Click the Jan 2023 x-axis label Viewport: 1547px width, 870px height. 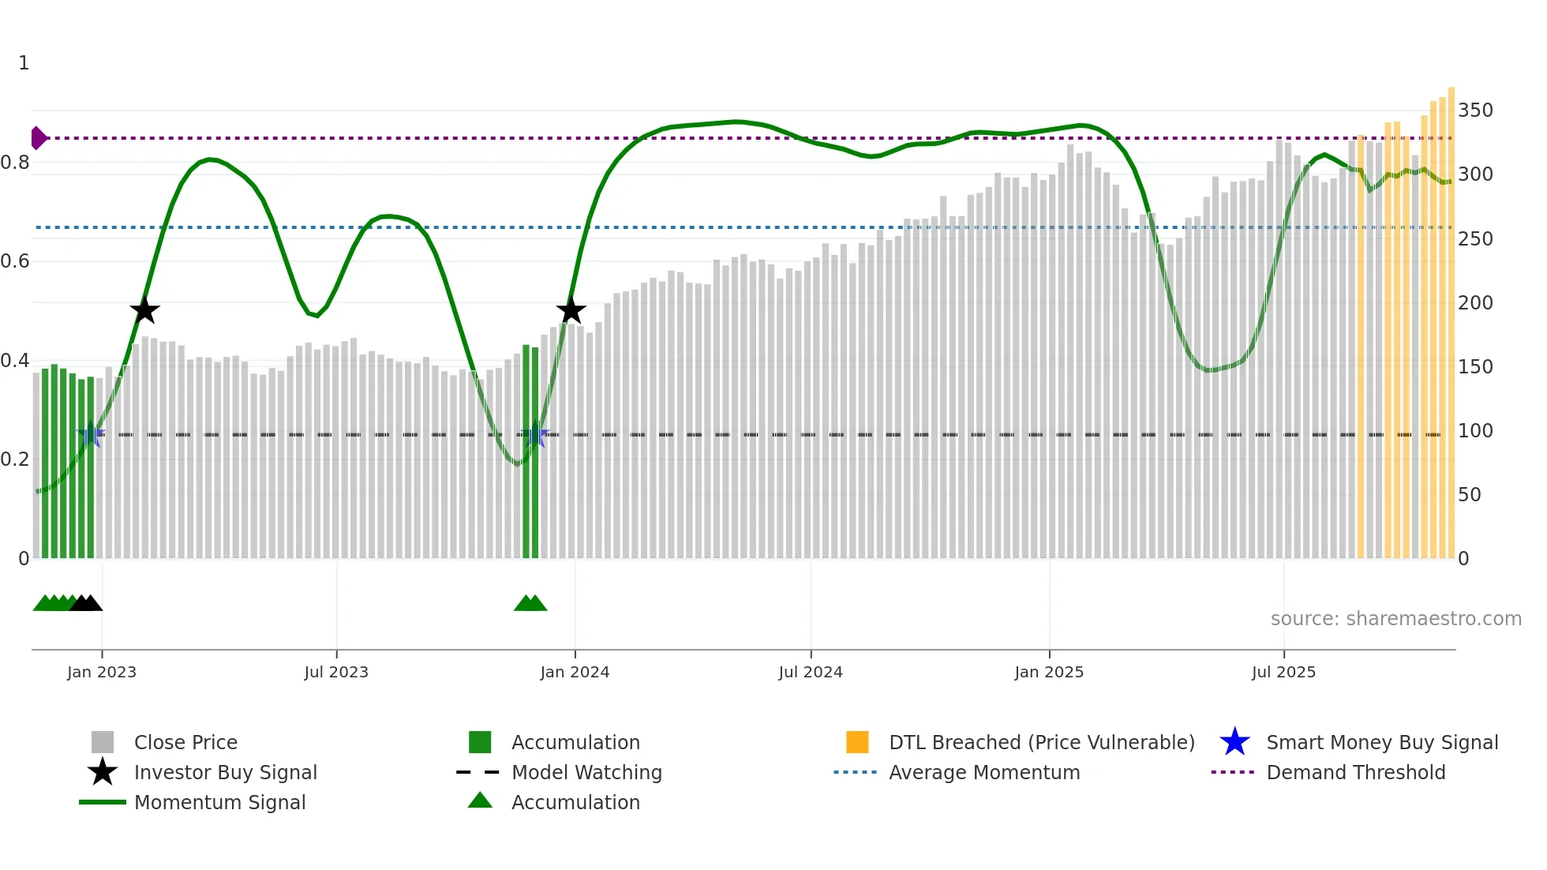pos(102,672)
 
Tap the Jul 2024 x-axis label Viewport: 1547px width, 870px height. pos(811,672)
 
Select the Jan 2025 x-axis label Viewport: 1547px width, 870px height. pos(1049,672)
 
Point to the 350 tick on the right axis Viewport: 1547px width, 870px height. pos(1475,110)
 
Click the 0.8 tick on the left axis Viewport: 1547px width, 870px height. pos(15,163)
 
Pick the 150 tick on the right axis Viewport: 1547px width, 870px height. pos(1475,366)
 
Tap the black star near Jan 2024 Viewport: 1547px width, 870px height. pos(571,310)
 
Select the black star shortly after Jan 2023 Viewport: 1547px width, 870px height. pos(144,310)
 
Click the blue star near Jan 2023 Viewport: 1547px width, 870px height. pos(91,433)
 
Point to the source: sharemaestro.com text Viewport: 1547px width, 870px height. pos(1395,619)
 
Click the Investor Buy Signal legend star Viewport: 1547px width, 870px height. pos(103,772)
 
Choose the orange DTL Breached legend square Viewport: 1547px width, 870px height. pos(857,742)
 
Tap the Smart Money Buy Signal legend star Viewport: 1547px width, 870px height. pos(1234,742)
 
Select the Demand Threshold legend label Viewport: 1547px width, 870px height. pos(1355,772)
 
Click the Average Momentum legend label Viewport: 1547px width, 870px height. pos(984,772)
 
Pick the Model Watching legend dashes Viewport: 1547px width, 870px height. pos(478,772)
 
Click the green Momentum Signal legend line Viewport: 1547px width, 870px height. pos(103,802)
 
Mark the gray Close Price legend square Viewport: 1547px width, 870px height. pos(103,742)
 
